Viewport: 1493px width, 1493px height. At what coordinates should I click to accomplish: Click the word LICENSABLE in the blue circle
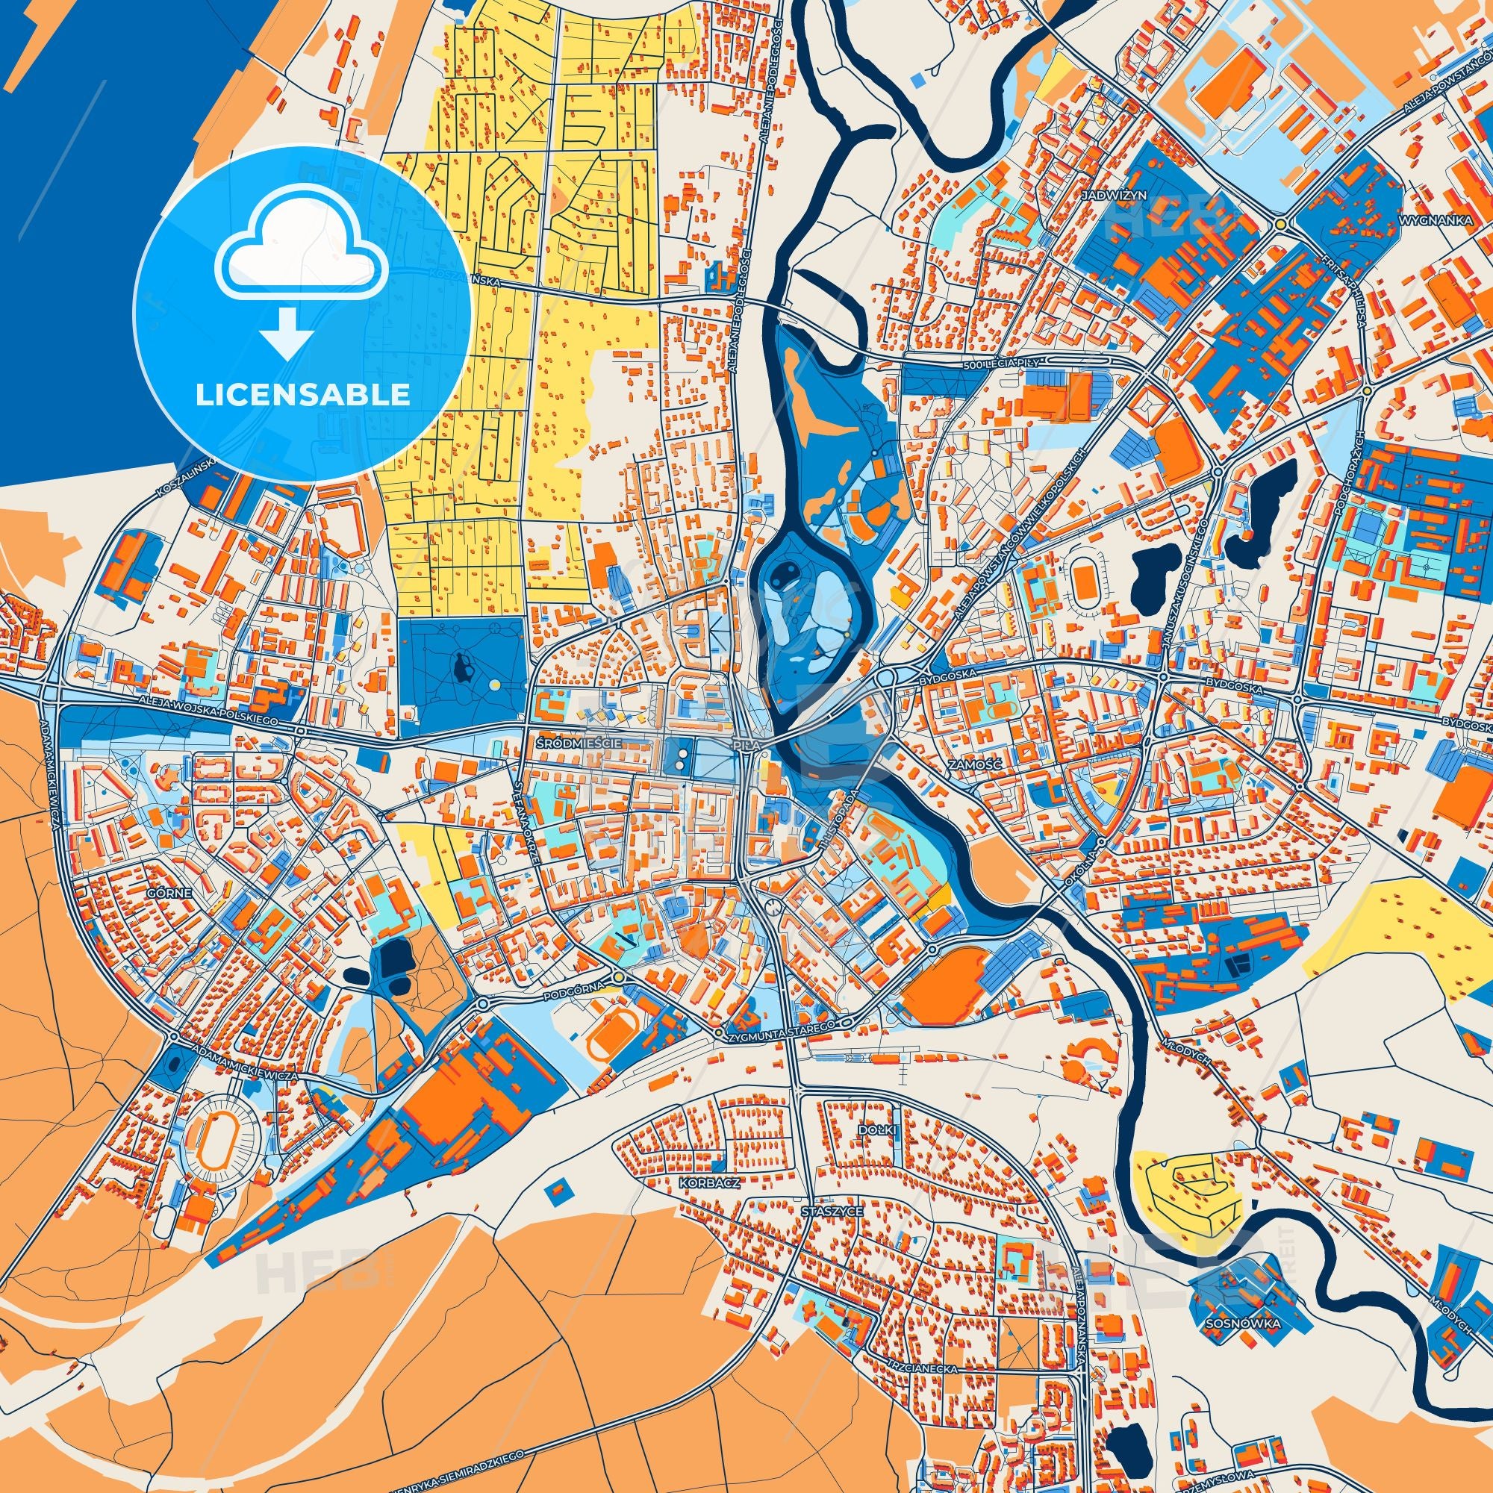pos(302,395)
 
